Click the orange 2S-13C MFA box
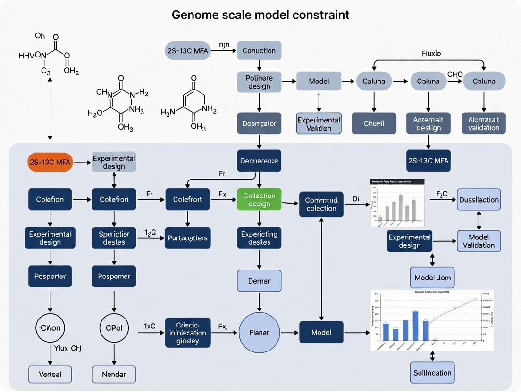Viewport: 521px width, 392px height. pos(50,162)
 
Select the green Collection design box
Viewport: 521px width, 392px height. pos(259,199)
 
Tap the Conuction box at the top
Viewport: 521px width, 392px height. pos(259,50)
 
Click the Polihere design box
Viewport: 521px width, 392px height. pos(259,81)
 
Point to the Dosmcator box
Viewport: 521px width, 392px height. pos(259,123)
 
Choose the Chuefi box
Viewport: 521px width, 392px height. pos(374,123)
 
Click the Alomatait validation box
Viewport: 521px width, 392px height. pos(484,123)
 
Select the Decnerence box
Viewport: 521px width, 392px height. pos(259,161)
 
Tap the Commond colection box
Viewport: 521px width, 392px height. pos(321,204)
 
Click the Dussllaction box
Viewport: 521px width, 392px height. pos(479,200)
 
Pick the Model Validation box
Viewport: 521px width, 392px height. pos(479,241)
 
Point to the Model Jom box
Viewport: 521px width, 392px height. pos(432,278)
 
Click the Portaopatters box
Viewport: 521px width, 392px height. pos(188,238)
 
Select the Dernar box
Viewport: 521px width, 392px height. pos(259,281)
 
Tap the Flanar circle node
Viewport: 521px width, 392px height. pos(259,333)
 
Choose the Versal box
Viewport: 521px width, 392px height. pos(50,375)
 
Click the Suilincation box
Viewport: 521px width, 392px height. pos(432,373)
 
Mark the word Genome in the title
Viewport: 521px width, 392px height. pos(194,15)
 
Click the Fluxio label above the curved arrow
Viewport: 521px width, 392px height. pos(431,53)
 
